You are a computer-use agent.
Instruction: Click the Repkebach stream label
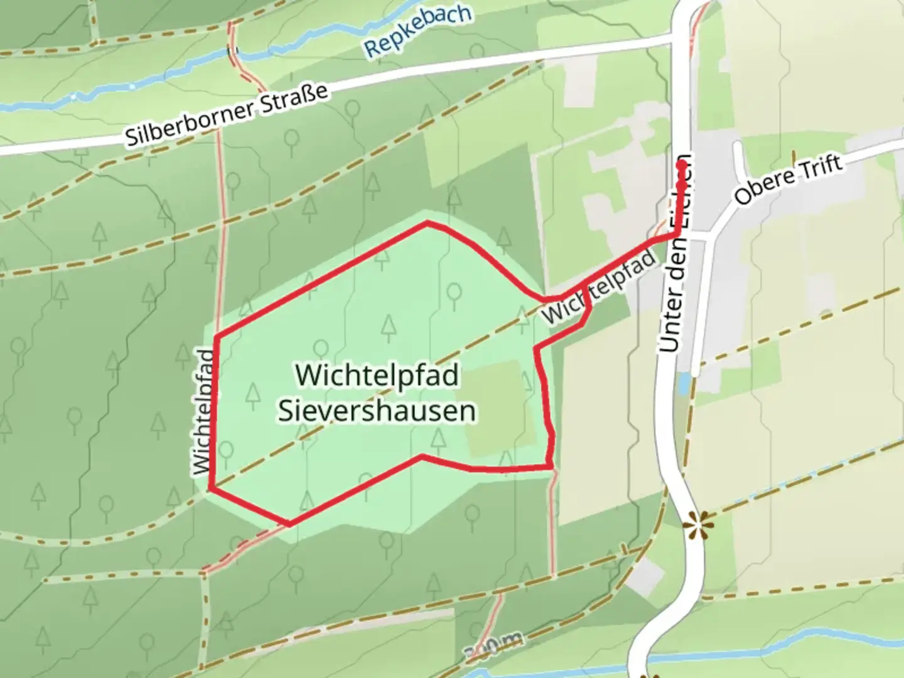pos(417,31)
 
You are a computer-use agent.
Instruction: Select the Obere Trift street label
pos(788,179)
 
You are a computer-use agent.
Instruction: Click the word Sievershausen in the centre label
pos(377,411)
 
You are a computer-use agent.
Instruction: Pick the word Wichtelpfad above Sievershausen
pos(377,375)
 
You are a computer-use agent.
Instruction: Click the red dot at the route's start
pos(681,165)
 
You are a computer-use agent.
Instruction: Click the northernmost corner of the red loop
pos(428,222)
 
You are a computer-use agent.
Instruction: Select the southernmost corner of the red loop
pos(289,524)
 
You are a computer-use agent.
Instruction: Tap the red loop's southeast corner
pos(551,466)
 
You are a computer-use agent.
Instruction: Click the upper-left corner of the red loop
pos(217,337)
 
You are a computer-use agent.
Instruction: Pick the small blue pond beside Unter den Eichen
pos(682,383)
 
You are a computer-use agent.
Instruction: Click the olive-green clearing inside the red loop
pos(496,408)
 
